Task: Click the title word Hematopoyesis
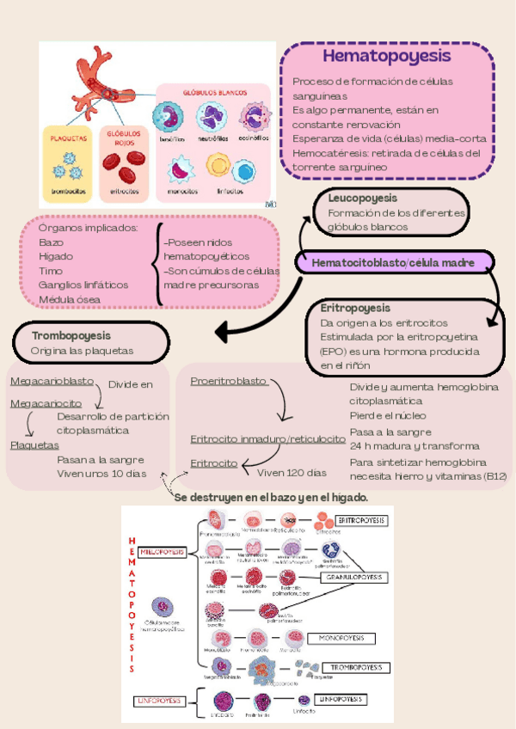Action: (386, 56)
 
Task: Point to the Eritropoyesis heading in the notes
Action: (355, 307)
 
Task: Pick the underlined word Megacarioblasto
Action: (52, 381)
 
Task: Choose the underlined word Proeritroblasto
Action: (229, 381)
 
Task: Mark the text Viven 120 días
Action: (292, 472)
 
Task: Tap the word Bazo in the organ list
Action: (51, 242)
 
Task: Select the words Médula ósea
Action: (69, 299)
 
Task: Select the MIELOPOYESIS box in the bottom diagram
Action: (163, 552)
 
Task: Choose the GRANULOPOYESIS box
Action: (352, 579)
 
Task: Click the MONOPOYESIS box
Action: (341, 639)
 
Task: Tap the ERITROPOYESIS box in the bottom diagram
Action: (360, 521)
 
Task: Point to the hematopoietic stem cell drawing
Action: (160, 609)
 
